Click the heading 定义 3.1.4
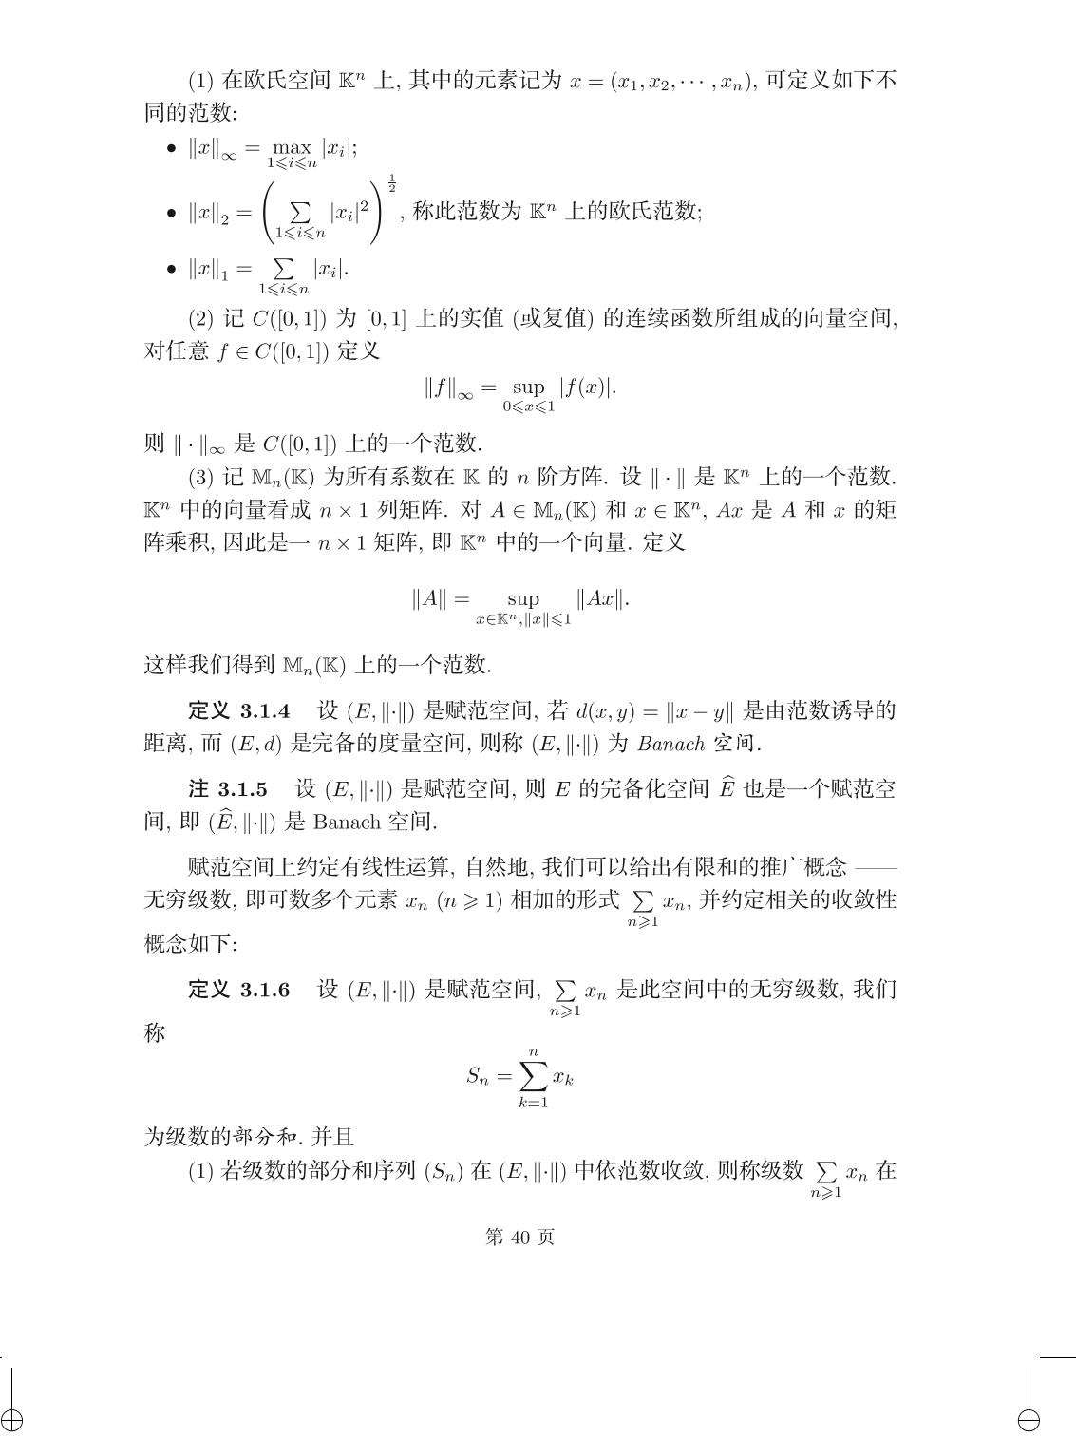coord(239,710)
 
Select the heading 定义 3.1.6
coord(239,990)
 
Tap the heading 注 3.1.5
coord(228,788)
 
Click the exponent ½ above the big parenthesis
coord(391,183)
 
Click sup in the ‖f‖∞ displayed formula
coord(528,387)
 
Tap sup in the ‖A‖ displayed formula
coord(522,598)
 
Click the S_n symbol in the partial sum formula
coord(477,1076)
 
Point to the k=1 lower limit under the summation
coord(533,1103)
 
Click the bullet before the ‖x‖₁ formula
coord(171,270)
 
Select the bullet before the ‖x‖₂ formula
coord(171,213)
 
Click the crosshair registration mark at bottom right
coord(1029,1421)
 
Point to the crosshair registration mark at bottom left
coord(12,1421)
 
